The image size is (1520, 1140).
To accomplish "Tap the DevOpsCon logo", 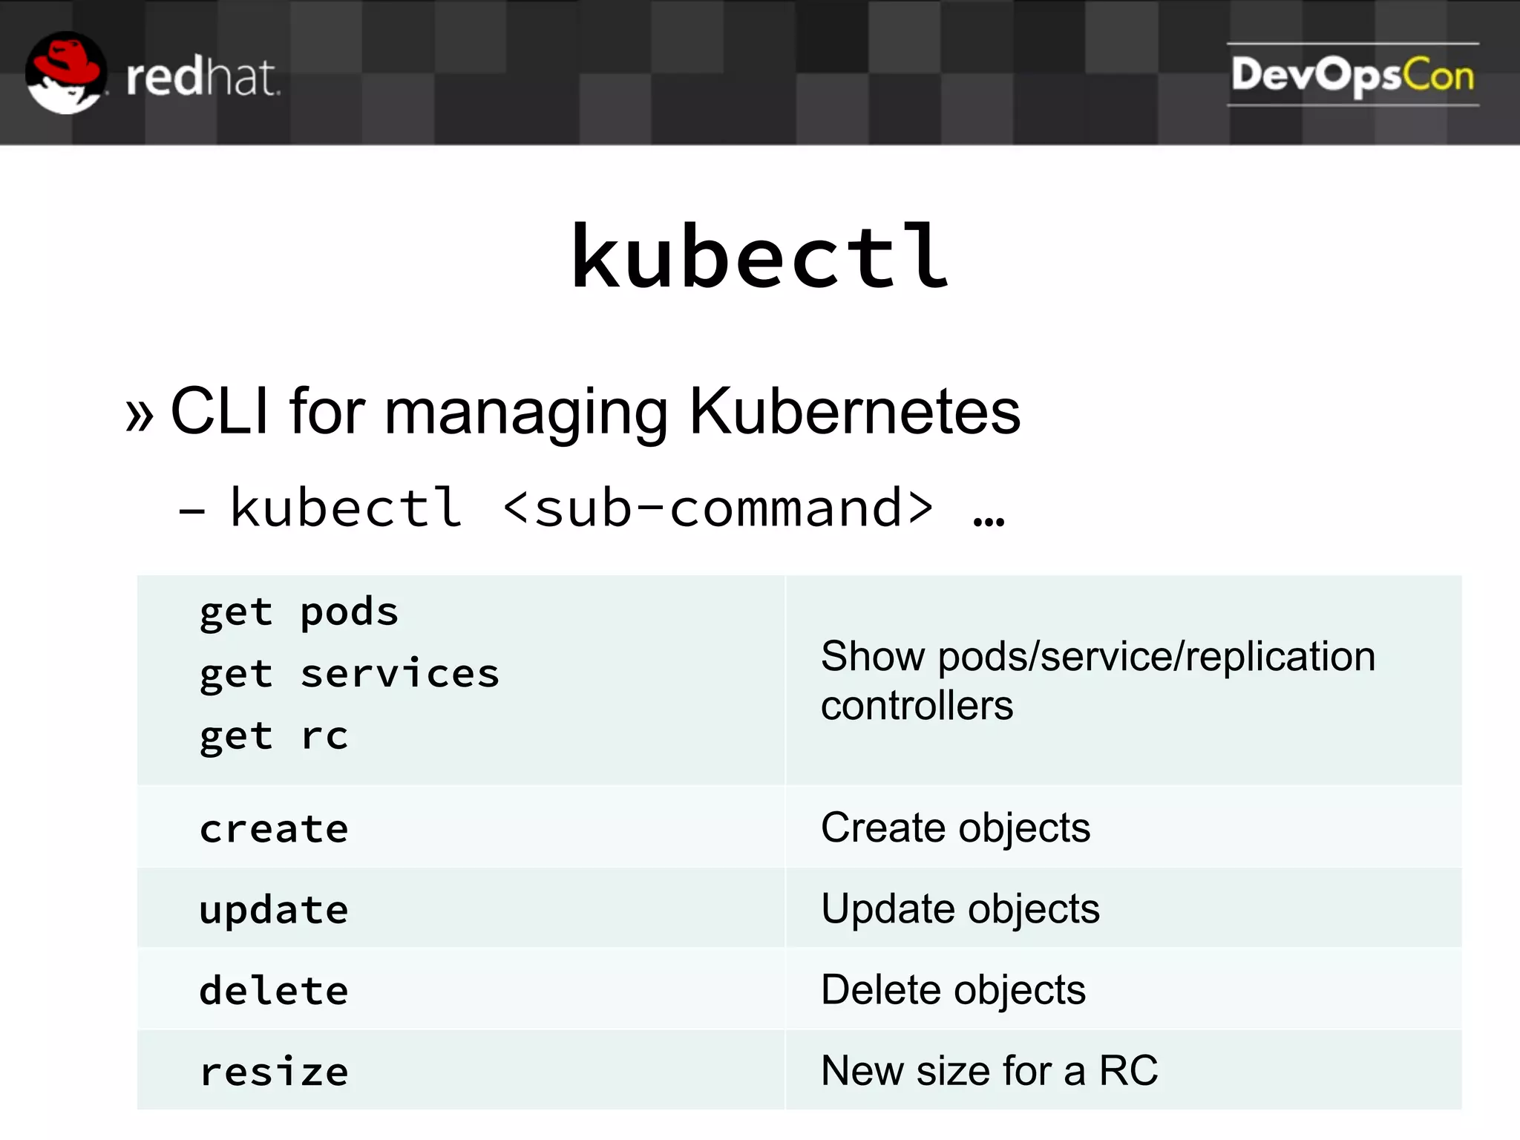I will pyautogui.click(x=1352, y=75).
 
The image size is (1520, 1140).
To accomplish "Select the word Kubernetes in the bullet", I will pyautogui.click(x=855, y=411).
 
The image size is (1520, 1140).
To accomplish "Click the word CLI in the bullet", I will pyautogui.click(x=219, y=411).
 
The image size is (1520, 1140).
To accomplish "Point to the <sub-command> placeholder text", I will pyautogui.click(x=718, y=509).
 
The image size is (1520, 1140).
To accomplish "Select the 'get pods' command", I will pyautogui.click(x=299, y=613).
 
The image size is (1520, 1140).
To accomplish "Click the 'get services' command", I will pyautogui.click(x=350, y=675).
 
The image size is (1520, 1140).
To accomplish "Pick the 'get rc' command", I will pyautogui.click(x=274, y=737).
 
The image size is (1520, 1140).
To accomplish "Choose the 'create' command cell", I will pyautogui.click(x=274, y=829).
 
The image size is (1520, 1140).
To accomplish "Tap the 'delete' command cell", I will pyautogui.click(x=274, y=991).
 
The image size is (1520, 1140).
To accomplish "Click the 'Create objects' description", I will pyautogui.click(x=955, y=828).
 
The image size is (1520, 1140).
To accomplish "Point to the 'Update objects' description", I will pyautogui.click(x=960, y=909).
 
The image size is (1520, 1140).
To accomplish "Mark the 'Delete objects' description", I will pyautogui.click(x=953, y=990).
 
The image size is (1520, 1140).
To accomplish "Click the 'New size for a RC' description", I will pyautogui.click(x=989, y=1071).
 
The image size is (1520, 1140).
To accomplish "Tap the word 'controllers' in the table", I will pyautogui.click(x=917, y=705).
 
